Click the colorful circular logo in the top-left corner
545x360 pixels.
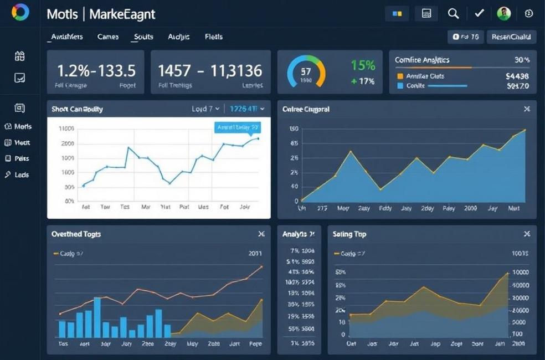tap(20, 12)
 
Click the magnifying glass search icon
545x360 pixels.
tap(453, 14)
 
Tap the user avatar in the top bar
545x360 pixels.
tap(503, 14)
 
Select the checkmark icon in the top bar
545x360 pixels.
tap(479, 14)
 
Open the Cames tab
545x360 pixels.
tap(108, 37)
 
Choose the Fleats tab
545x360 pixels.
tap(213, 37)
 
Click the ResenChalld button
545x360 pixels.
tap(511, 37)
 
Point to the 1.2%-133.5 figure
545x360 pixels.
tap(96, 70)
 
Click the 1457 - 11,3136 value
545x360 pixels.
tap(210, 70)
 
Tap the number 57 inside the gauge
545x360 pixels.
tap(306, 71)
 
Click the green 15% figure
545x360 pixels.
tap(363, 65)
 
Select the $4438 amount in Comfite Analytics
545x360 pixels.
tap(517, 76)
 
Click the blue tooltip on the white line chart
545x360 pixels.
tap(237, 127)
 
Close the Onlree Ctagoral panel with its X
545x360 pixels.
tap(527, 110)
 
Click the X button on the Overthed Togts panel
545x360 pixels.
tap(261, 234)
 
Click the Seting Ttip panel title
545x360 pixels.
tap(349, 234)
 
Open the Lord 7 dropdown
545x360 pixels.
tap(205, 109)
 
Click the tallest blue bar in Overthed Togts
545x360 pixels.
tap(97, 317)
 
